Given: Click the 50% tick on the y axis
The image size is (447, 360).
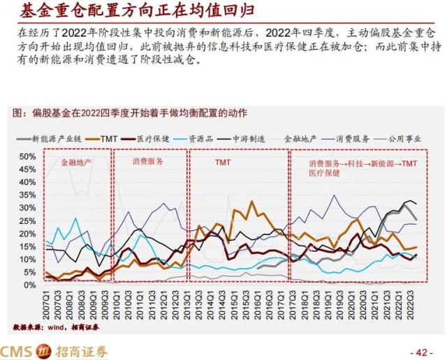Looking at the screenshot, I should click(27, 156).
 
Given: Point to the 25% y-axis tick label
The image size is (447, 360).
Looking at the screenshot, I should click(27, 220).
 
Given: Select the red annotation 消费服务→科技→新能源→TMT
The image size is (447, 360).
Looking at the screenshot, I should click(363, 163).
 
